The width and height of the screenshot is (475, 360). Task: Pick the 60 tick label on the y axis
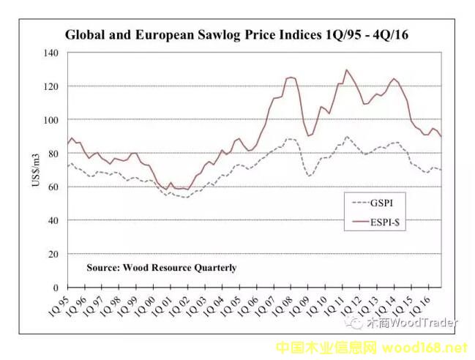tap(51, 187)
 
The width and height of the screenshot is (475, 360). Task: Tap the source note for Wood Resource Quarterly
tap(161, 268)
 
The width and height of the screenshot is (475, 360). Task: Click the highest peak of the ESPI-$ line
tap(346, 70)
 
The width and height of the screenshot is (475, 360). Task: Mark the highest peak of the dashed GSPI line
tap(346, 136)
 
